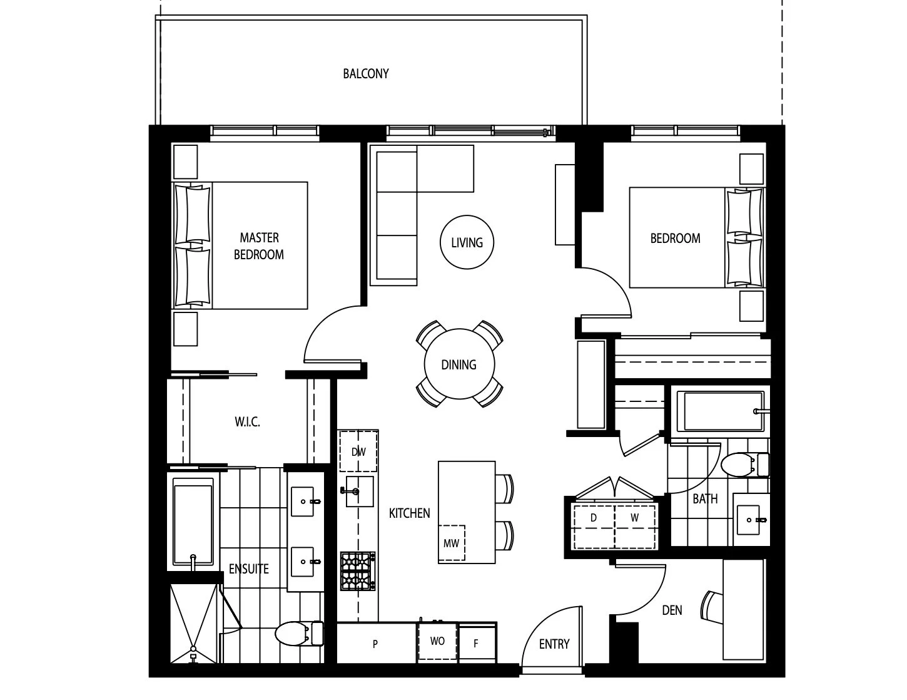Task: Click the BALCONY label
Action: [x=366, y=74]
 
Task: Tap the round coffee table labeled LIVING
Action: [x=467, y=242]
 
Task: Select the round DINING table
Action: [x=459, y=364]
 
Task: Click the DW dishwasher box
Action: [x=358, y=451]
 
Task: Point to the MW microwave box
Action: [x=452, y=543]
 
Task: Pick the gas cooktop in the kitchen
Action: [x=358, y=571]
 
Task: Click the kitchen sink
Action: [x=360, y=492]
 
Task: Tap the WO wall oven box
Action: [x=437, y=641]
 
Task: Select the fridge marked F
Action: [x=477, y=643]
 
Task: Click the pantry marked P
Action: [x=376, y=643]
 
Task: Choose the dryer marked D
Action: [x=594, y=527]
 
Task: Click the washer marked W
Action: [x=635, y=527]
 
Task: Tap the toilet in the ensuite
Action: [x=299, y=633]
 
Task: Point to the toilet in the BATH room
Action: [x=744, y=465]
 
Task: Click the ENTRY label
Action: [x=554, y=644]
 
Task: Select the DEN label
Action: [x=672, y=610]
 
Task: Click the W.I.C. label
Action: [x=248, y=422]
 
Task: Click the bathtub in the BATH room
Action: [x=721, y=411]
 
